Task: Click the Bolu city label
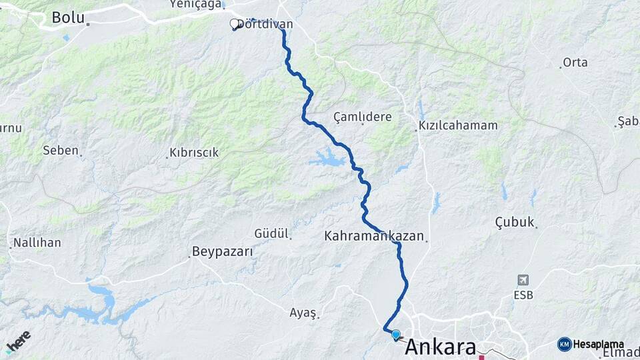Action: [x=69, y=17]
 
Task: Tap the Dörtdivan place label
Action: [x=265, y=24]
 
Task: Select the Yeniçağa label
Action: [x=195, y=4]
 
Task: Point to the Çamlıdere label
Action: [x=363, y=117]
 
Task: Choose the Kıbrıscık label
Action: [x=194, y=153]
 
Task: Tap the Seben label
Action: [x=61, y=150]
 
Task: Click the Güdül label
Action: [x=271, y=233]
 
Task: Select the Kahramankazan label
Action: [x=374, y=236]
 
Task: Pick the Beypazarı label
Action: [x=223, y=251]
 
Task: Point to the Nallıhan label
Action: [x=37, y=242]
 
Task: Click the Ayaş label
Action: [x=303, y=312]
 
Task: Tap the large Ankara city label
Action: [x=441, y=347]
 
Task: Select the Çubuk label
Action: [x=515, y=222]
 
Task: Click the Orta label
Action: [x=575, y=63]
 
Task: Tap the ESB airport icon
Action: [x=525, y=280]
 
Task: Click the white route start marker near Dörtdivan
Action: [x=234, y=24]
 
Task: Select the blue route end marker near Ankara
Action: [x=396, y=335]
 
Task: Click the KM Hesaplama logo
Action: [x=591, y=344]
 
